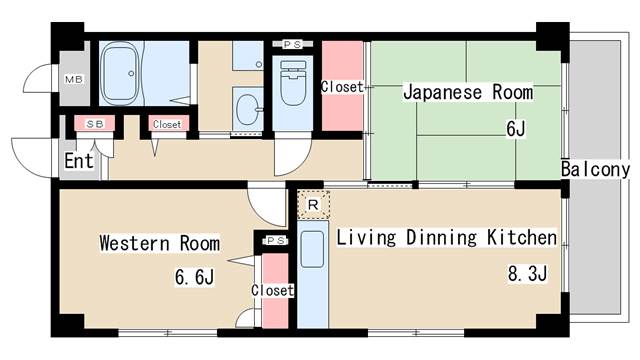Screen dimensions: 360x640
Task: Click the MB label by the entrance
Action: pyautogui.click(x=72, y=78)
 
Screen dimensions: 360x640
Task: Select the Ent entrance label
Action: pyautogui.click(x=80, y=161)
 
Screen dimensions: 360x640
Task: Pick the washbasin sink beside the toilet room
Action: pyautogui.click(x=246, y=106)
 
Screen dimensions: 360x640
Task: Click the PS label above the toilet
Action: pyautogui.click(x=292, y=45)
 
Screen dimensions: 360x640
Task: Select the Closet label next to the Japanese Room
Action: pyautogui.click(x=341, y=87)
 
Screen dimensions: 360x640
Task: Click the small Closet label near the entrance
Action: pyautogui.click(x=166, y=124)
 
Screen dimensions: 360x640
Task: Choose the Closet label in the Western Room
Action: pyautogui.click(x=272, y=291)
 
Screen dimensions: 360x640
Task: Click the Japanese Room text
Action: pyautogui.click(x=467, y=93)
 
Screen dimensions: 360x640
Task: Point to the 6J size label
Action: pyautogui.click(x=515, y=127)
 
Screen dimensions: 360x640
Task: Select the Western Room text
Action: pyautogui.click(x=159, y=243)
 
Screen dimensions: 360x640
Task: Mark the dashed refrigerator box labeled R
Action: pyautogui.click(x=313, y=205)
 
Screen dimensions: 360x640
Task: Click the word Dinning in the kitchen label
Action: pyautogui.click(x=438, y=238)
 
